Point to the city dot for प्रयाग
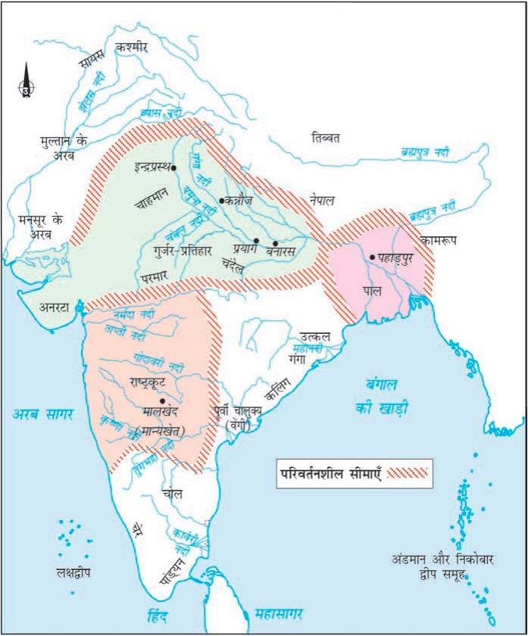257,242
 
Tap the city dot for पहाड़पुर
372,257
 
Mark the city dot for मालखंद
162,401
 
